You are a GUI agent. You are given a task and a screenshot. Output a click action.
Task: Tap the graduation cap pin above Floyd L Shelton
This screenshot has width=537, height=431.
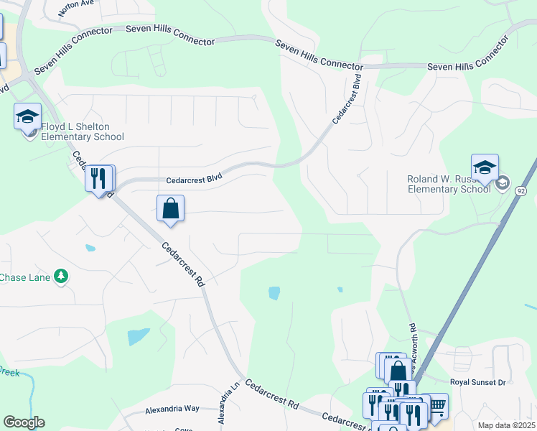tap(27, 116)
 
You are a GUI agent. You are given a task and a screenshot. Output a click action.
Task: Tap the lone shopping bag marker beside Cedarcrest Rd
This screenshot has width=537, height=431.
tap(170, 209)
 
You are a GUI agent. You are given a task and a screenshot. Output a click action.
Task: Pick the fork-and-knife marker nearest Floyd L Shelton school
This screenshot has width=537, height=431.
tap(98, 179)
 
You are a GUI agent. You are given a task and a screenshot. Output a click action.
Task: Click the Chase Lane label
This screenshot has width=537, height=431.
tap(26, 277)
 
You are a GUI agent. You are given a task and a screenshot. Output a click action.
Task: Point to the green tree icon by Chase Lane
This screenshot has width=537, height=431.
tap(62, 276)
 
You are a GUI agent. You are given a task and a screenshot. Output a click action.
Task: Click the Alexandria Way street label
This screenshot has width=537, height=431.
tap(172, 408)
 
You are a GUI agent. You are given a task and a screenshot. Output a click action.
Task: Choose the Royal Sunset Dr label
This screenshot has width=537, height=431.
tap(477, 382)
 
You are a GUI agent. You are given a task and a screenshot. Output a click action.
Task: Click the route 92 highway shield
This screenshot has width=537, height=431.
tap(521, 191)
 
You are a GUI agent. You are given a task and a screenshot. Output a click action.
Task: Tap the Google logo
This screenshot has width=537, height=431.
tap(24, 422)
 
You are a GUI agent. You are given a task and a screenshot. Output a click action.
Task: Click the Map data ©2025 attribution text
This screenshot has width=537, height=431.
tap(505, 425)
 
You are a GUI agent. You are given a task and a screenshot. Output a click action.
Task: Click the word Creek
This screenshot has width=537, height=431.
tap(9, 371)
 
